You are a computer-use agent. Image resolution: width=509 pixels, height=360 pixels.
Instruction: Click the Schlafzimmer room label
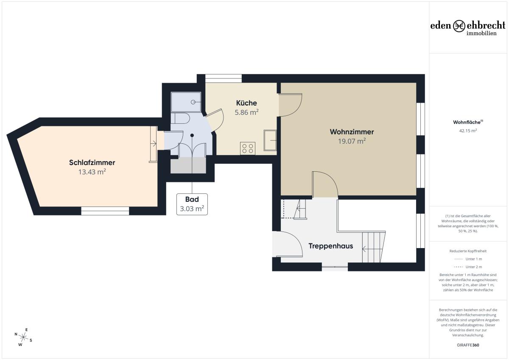point(92,163)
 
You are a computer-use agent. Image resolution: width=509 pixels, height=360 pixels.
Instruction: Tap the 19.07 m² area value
point(352,141)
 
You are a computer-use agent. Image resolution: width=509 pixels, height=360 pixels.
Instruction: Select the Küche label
point(246,103)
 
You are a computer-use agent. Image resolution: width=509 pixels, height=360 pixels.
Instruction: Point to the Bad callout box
point(192,204)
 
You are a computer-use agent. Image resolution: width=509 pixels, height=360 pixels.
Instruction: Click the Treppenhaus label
point(330,246)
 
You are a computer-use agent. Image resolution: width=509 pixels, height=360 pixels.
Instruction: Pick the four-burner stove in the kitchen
point(248,148)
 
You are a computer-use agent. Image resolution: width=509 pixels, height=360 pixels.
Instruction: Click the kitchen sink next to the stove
point(270,140)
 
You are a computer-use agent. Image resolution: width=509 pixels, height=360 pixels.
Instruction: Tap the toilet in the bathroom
point(180,118)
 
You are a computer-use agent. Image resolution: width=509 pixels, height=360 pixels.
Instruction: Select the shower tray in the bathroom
point(186,102)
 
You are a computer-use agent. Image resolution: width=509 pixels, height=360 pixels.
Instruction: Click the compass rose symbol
point(23,337)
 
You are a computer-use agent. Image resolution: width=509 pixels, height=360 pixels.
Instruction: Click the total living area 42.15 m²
point(468,131)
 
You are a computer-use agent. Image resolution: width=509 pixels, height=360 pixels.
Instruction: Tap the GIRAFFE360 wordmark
point(468,345)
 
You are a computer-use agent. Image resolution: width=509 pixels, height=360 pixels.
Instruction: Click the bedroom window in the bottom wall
point(105,211)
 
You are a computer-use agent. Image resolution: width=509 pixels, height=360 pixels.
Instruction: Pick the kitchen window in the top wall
point(224,78)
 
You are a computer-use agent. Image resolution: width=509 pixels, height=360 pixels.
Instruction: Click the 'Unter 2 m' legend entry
point(468,267)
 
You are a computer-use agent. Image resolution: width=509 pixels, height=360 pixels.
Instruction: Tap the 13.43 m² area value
point(92,172)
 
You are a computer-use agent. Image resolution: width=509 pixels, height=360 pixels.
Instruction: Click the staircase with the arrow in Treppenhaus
point(374,247)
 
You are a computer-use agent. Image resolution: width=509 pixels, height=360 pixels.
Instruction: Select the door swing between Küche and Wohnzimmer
point(291,105)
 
